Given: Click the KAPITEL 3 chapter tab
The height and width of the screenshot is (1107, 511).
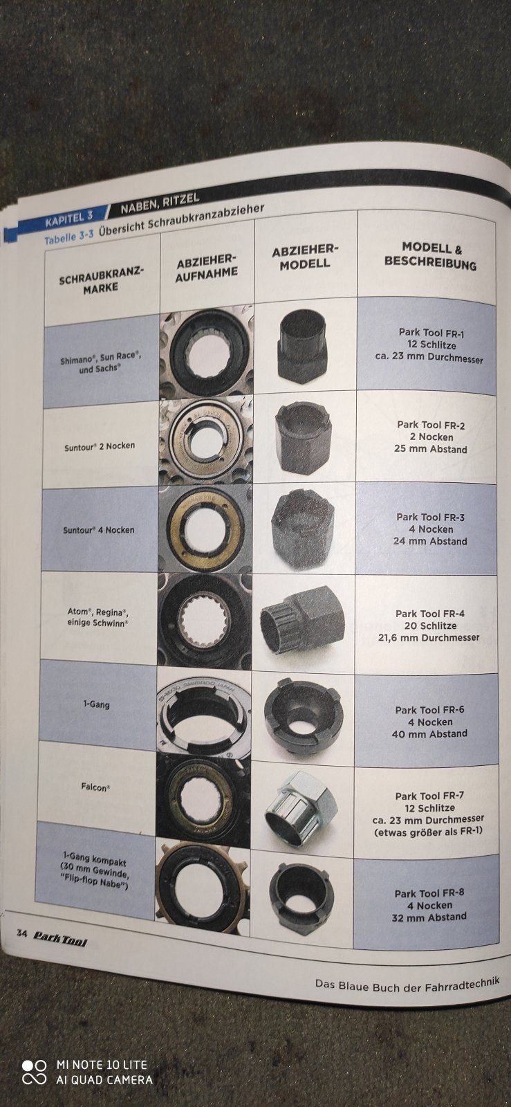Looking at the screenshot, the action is pyautogui.click(x=69, y=219).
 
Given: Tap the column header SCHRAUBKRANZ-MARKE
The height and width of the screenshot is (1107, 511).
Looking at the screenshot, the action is pyautogui.click(x=101, y=280).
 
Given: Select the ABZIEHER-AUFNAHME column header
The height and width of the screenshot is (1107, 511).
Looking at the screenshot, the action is pyautogui.click(x=207, y=268).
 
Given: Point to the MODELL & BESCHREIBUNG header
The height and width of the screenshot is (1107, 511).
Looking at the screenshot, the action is pyautogui.click(x=431, y=256).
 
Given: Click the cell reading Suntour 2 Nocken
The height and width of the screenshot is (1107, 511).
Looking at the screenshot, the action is pyautogui.click(x=100, y=446).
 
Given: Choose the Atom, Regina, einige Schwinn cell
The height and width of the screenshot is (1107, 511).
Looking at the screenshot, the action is pyautogui.click(x=97, y=617).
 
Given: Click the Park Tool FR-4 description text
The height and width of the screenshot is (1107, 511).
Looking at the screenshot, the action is pyautogui.click(x=429, y=625).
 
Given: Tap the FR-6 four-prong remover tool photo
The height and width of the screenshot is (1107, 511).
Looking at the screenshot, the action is pyautogui.click(x=302, y=715).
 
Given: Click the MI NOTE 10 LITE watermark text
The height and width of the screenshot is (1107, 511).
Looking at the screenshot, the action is pyautogui.click(x=102, y=1065).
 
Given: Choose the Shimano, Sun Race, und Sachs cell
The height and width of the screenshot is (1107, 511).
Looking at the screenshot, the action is pyautogui.click(x=101, y=362).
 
